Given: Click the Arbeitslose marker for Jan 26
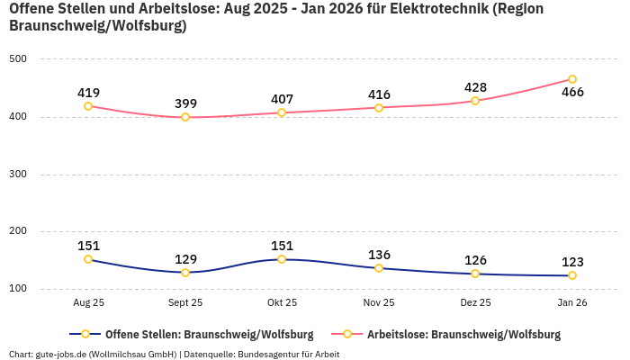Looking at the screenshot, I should [572, 79].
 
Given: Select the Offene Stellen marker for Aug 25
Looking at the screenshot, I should [88, 259].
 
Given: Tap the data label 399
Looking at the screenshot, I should [185, 103].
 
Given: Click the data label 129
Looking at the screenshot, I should [185, 258].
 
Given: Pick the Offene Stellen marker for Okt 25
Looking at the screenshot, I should [282, 259].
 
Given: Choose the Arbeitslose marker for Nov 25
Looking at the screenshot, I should [379, 108].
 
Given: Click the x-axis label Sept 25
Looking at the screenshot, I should [185, 303].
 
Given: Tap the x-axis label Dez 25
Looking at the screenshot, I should [475, 303].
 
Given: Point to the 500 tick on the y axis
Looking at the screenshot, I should [19, 59].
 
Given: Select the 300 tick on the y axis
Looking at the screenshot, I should [19, 175].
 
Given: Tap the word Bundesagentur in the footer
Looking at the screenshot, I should [267, 355].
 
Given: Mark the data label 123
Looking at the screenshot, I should [572, 262].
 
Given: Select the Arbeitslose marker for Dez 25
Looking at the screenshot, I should [475, 101].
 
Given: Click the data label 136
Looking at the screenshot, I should [379, 255].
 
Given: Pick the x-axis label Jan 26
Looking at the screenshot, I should [572, 303].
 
